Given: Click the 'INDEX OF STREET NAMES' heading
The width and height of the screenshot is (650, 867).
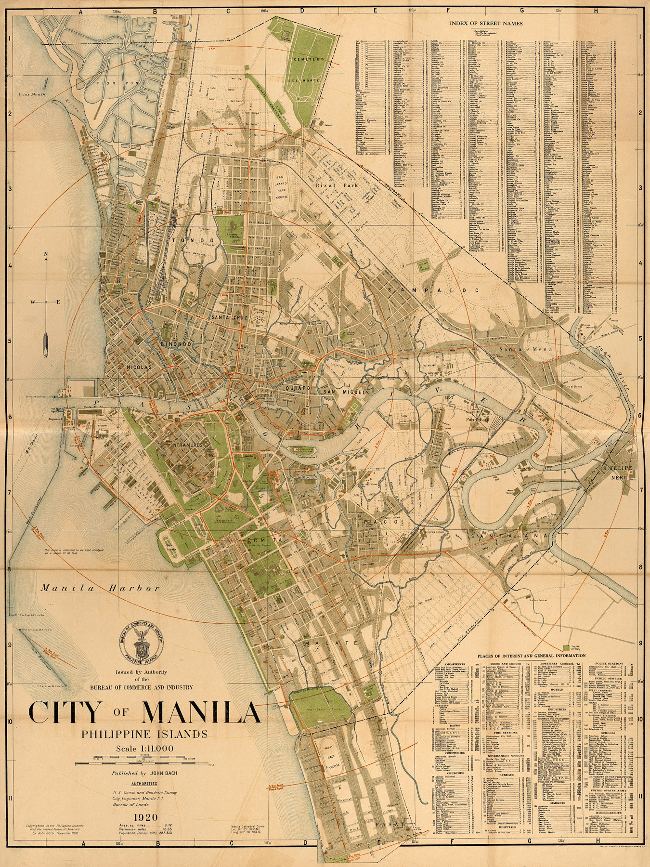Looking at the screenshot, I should coord(486,23).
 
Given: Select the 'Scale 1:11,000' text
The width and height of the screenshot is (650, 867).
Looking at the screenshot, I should coord(144,748).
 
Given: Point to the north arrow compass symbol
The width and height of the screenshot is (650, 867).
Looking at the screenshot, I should coord(46,302).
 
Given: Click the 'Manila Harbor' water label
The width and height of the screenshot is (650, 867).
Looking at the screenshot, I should coord(100,588).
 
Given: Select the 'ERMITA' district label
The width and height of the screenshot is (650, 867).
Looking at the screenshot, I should coord(260,540).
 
